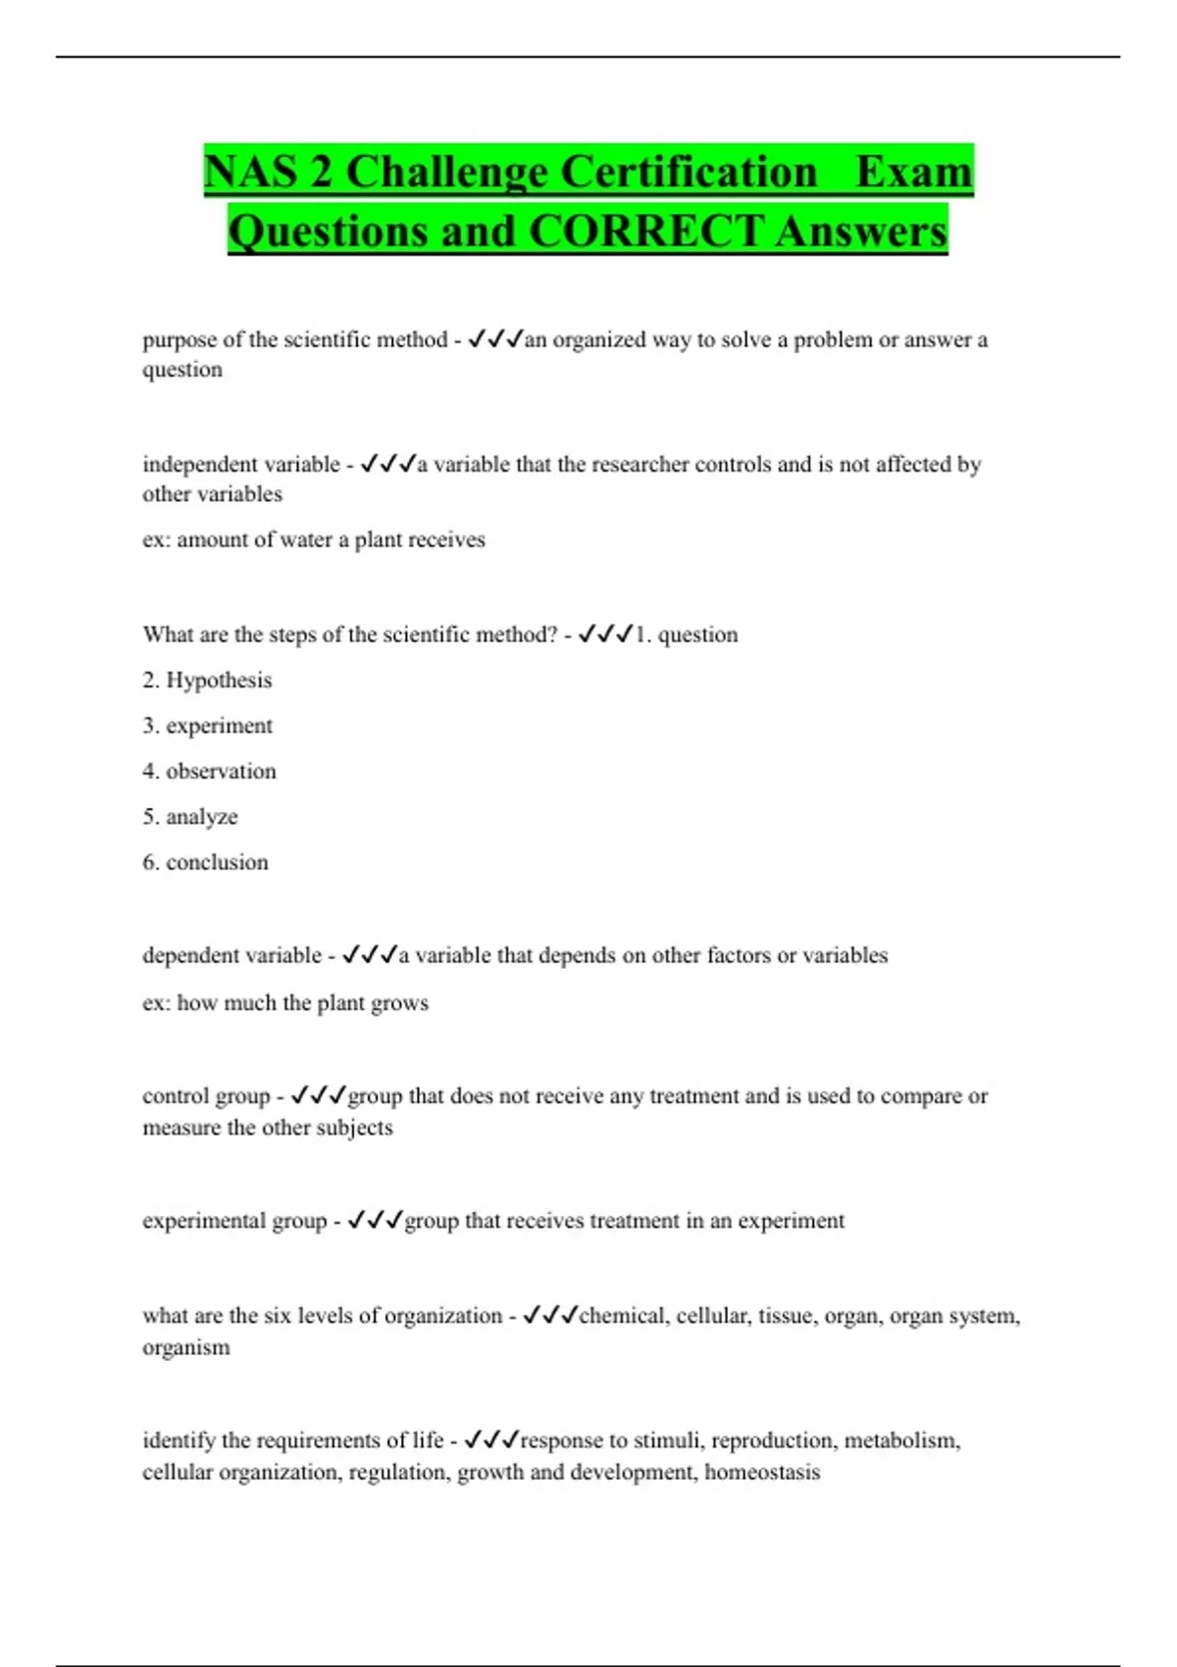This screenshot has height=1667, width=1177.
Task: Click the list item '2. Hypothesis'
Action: tap(207, 680)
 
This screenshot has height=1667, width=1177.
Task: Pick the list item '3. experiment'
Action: tap(207, 726)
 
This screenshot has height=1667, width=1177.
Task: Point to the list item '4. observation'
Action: tap(209, 771)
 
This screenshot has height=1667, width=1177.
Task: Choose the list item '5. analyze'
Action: tap(190, 816)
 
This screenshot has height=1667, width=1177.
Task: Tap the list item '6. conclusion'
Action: tap(205, 862)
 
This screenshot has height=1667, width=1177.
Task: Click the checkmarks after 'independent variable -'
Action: tap(388, 464)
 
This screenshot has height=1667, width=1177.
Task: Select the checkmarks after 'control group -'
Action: tap(319, 1095)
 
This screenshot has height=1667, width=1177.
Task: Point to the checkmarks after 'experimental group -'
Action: tap(376, 1220)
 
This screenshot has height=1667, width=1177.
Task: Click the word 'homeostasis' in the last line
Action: tap(762, 1472)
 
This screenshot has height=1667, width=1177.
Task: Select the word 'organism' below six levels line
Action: tap(186, 1347)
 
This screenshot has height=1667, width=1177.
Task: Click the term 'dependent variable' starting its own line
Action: tap(231, 955)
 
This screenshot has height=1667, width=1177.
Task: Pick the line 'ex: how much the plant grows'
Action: tap(285, 1002)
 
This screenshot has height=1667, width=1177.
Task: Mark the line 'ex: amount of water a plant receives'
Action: tap(314, 539)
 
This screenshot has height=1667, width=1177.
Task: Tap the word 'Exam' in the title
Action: tap(913, 172)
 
